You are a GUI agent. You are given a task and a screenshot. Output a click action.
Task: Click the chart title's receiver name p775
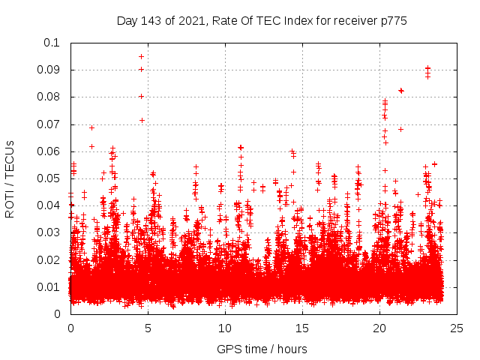click(394, 21)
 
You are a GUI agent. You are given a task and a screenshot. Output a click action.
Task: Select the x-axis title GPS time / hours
click(262, 349)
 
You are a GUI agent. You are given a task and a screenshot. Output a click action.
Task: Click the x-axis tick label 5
click(148, 328)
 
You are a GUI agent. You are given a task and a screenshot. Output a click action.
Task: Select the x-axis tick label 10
click(225, 328)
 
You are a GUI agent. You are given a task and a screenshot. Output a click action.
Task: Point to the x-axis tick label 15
click(302, 328)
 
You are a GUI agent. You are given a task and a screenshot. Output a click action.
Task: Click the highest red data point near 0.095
click(141, 56)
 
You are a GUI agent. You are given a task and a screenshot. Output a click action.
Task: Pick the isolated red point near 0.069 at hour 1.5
click(91, 127)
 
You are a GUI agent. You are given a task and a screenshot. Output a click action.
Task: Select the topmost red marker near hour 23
click(427, 68)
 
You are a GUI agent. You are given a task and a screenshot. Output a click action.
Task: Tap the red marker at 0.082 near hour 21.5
click(401, 91)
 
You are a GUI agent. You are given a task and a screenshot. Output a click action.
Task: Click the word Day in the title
click(127, 21)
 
